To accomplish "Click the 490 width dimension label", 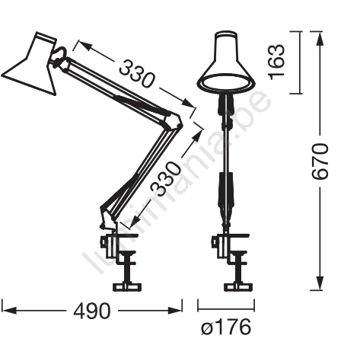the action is click(x=92, y=311).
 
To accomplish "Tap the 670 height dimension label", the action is click(x=320, y=161).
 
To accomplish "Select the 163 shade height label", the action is click(x=276, y=62).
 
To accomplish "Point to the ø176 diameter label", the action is click(x=226, y=327).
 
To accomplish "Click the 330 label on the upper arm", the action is click(x=136, y=74).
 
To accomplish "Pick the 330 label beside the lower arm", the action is click(x=166, y=178).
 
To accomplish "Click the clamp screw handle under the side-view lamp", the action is click(x=126, y=286).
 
